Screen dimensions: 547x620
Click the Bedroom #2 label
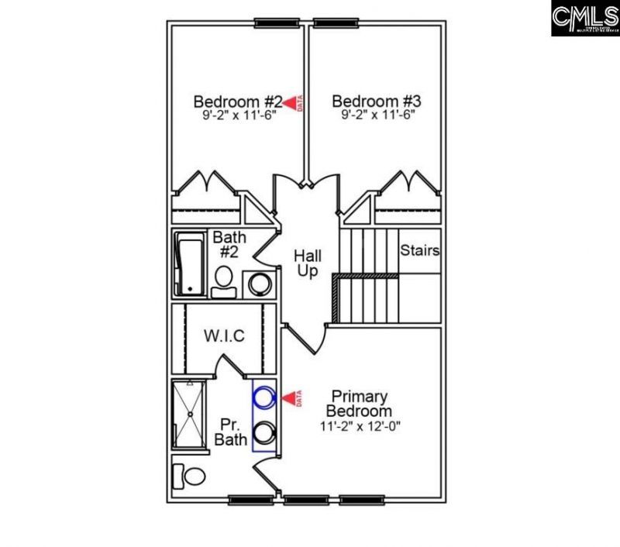click(237, 101)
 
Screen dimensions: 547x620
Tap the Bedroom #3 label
click(377, 101)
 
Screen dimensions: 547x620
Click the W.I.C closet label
click(225, 336)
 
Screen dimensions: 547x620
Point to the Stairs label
click(420, 251)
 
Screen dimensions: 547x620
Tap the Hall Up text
click(308, 263)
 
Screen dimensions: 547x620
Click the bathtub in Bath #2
click(188, 265)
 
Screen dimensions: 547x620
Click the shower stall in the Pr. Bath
click(189, 415)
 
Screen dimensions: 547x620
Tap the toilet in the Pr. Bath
click(188, 473)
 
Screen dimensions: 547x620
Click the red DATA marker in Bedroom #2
click(292, 102)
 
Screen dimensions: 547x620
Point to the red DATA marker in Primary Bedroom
click(292, 398)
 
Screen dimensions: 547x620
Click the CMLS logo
click(585, 18)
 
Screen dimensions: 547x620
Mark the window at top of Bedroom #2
click(277, 22)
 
